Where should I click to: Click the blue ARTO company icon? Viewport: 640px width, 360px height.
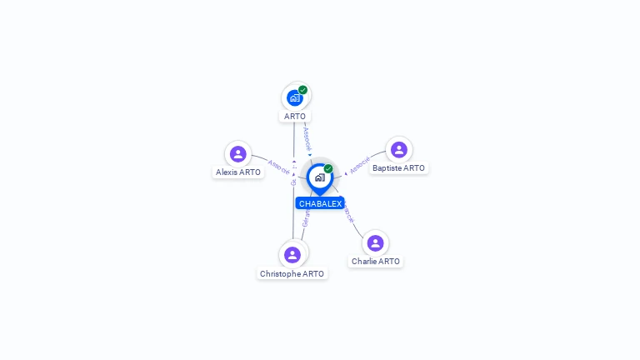point(295,97)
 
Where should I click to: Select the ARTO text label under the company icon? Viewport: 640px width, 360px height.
point(295,117)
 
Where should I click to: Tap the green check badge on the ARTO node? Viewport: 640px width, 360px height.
point(303,90)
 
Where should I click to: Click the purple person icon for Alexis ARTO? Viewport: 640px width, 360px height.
point(238,154)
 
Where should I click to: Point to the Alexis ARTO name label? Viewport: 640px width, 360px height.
point(238,172)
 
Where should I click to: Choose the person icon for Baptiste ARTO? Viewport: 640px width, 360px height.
point(399,150)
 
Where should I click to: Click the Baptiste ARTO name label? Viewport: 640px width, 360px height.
point(398,168)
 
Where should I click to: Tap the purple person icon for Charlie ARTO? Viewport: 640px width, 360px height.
point(376,243)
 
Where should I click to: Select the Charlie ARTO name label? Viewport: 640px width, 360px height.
point(376,262)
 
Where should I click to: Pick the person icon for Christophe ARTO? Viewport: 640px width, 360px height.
point(292,254)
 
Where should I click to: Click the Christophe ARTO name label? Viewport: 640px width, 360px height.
point(292,274)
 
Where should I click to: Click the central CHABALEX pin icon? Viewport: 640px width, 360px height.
point(320,177)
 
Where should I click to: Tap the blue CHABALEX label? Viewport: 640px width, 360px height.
point(320,204)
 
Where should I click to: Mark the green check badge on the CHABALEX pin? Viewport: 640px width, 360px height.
point(328,169)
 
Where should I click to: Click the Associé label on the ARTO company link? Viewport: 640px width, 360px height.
point(307,138)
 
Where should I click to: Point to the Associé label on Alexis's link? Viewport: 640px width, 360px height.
point(279,166)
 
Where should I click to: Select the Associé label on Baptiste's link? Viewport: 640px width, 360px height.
point(360,165)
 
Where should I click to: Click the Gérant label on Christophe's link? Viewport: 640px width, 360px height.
point(306,218)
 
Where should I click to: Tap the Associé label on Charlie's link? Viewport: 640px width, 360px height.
point(348,213)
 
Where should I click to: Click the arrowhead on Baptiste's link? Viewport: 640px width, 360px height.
point(346,173)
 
